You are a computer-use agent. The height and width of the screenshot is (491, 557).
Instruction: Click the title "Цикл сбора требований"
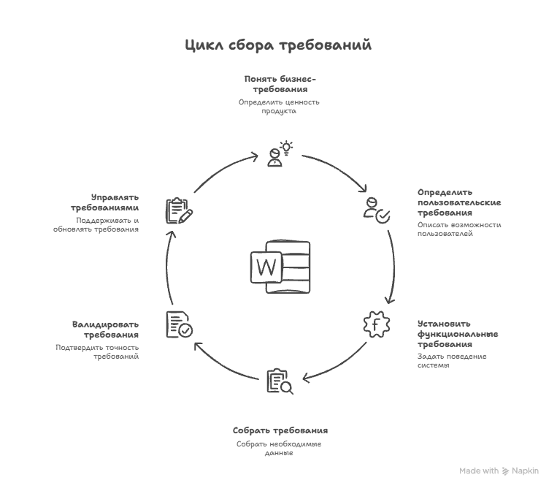(x=278, y=45)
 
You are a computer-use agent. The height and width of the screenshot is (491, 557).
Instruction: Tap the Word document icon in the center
(x=280, y=267)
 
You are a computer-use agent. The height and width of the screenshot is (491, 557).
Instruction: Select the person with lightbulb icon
(x=280, y=154)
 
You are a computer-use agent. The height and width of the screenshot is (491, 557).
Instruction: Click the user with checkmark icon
(x=377, y=209)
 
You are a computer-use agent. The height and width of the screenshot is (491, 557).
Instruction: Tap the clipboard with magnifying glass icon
(x=280, y=381)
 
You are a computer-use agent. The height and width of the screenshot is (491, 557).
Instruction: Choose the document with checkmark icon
(x=179, y=325)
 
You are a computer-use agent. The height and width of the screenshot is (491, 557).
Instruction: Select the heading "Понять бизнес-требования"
(x=280, y=83)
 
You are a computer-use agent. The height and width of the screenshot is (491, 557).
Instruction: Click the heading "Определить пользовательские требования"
(x=459, y=202)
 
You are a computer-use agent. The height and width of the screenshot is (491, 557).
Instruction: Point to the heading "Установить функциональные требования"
(x=458, y=334)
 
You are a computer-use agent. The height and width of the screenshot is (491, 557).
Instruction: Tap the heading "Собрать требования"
(x=280, y=430)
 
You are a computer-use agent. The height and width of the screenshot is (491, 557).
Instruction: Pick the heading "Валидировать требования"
(x=105, y=329)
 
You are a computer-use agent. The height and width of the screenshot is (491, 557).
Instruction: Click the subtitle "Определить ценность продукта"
(x=279, y=107)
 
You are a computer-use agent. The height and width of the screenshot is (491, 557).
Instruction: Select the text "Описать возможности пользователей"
(x=459, y=229)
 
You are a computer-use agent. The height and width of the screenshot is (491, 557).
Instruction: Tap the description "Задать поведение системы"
(x=452, y=360)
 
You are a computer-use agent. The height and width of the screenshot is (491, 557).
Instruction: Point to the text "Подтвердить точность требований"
(x=98, y=351)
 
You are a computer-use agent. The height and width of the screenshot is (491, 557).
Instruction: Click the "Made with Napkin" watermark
(x=499, y=471)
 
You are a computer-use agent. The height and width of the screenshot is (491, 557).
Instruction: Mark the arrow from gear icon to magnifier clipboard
(x=336, y=363)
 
